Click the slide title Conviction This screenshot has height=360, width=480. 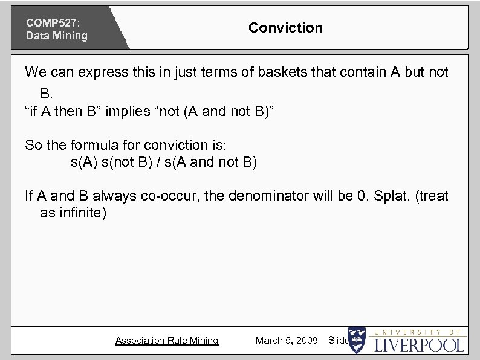click(x=285, y=28)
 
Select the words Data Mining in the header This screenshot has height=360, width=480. click(x=56, y=36)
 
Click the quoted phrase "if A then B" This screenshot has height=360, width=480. click(x=66, y=111)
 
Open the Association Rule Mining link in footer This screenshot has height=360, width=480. click(x=167, y=341)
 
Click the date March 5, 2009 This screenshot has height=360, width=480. click(x=287, y=341)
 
